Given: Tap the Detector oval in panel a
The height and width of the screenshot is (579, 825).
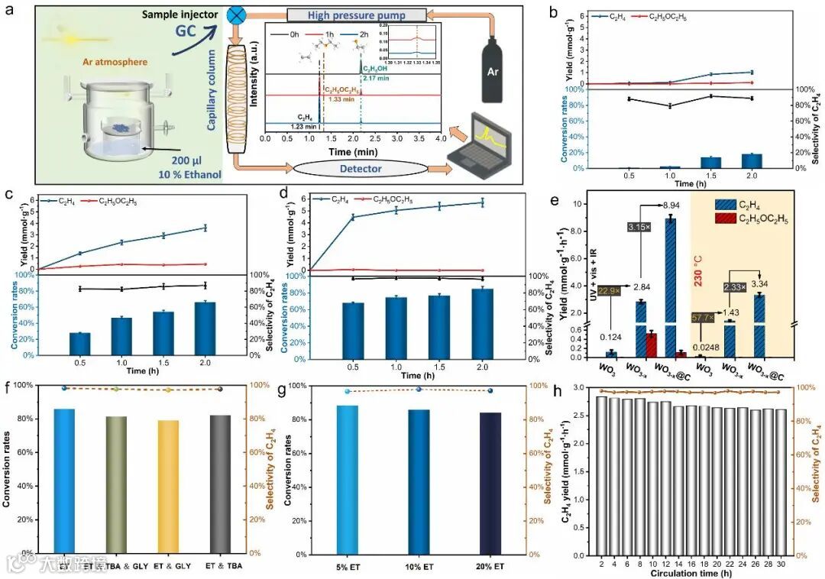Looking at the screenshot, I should pos(354,167).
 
